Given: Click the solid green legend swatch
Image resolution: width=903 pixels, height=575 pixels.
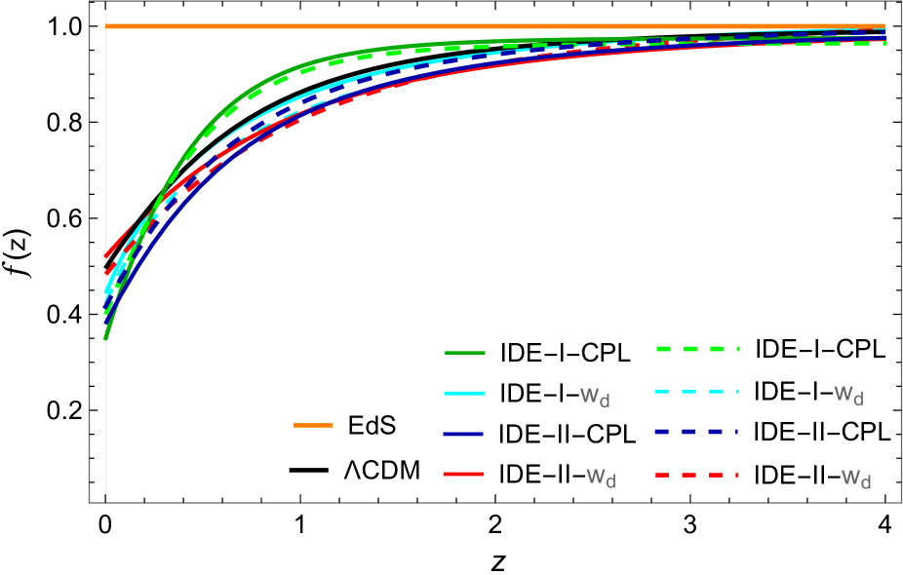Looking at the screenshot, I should (464, 353).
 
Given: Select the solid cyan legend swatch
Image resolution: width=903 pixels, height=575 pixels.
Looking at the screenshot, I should (464, 394).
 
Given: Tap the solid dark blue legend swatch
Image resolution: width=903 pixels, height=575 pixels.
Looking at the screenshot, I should (464, 434).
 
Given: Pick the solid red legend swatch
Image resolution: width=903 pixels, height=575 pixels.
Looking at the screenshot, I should (464, 474).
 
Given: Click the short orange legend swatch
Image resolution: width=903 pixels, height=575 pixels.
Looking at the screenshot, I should (313, 425).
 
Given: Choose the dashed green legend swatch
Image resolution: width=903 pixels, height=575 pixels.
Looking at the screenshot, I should (697, 349).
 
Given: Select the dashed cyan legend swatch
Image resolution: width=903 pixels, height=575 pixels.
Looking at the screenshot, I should (697, 391).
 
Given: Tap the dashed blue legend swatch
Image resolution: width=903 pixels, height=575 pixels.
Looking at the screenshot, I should (697, 431).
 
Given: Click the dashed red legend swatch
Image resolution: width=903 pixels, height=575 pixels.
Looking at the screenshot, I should (697, 475).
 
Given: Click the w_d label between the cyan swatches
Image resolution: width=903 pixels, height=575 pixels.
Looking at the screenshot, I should (595, 397).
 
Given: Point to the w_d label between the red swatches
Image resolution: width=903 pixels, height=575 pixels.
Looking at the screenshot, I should (601, 478).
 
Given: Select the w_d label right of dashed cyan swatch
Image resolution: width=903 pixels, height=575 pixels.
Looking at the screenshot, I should (848, 395).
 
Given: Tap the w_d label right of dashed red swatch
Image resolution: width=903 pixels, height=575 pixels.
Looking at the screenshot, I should (856, 478).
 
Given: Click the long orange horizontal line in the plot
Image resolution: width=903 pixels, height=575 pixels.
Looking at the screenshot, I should (488, 26).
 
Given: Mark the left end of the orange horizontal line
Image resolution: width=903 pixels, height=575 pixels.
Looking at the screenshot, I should (106, 26).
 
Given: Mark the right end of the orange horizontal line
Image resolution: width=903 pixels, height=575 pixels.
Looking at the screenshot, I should (883, 26).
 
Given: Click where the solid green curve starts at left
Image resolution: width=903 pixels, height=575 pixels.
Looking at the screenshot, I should (105, 338).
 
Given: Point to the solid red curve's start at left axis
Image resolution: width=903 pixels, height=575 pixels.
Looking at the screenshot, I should (105, 256).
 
